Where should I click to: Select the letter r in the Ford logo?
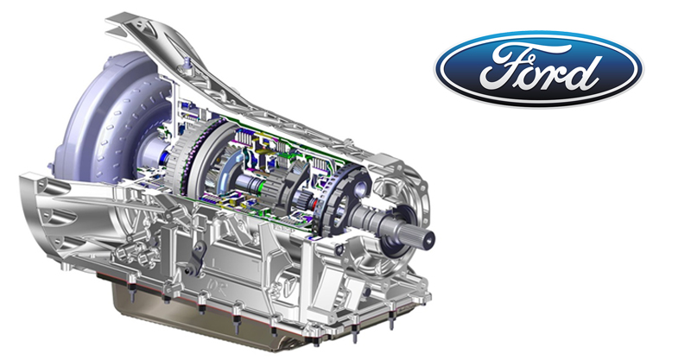559,75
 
